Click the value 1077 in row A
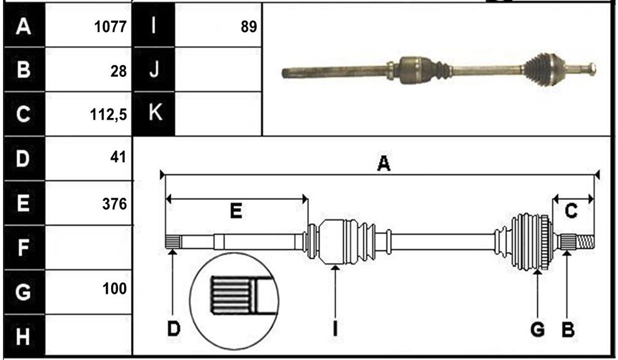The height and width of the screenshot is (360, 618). (x=110, y=26)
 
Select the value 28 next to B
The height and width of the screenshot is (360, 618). (x=119, y=71)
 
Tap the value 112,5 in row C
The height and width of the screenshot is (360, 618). (x=108, y=115)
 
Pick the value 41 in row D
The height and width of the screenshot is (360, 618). (x=119, y=157)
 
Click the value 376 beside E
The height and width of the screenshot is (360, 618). (x=114, y=204)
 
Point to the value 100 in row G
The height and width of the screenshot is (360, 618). (x=115, y=289)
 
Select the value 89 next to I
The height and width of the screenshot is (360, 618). (x=248, y=26)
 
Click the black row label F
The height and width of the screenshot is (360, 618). (x=24, y=247)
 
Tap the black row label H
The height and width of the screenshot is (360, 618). (x=24, y=336)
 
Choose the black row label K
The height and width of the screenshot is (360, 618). (x=154, y=114)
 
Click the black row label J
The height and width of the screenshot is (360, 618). (x=154, y=70)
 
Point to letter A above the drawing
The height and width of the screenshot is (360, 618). (x=383, y=163)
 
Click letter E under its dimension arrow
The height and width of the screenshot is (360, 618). (x=236, y=211)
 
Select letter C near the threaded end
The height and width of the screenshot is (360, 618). (x=571, y=211)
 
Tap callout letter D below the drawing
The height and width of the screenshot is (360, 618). (x=174, y=328)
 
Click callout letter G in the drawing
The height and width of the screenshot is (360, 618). (x=537, y=329)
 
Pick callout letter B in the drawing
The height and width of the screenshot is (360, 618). (x=568, y=329)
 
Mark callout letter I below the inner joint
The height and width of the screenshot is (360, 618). (x=335, y=328)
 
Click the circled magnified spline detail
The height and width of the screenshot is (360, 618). (x=234, y=301)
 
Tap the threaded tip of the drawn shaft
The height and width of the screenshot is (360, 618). (x=585, y=242)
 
